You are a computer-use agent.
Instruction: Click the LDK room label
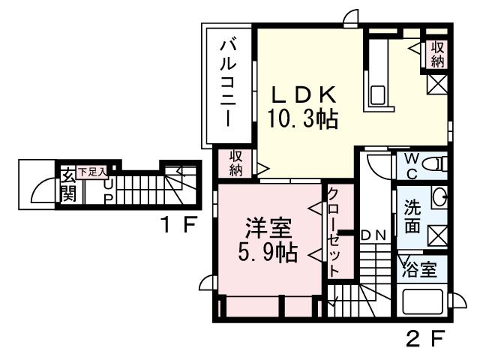click(x=302, y=96)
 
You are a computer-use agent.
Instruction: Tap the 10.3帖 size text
click(x=302, y=118)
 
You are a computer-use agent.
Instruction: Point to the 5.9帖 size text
click(x=268, y=252)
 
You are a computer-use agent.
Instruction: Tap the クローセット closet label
click(x=332, y=233)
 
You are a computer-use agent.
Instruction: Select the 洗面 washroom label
click(x=413, y=215)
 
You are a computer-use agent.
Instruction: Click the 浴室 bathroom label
click(x=419, y=269)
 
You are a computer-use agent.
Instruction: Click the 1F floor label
click(x=178, y=223)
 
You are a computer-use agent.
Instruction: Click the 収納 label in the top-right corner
click(x=436, y=53)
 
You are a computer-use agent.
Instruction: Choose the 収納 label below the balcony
click(x=235, y=163)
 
